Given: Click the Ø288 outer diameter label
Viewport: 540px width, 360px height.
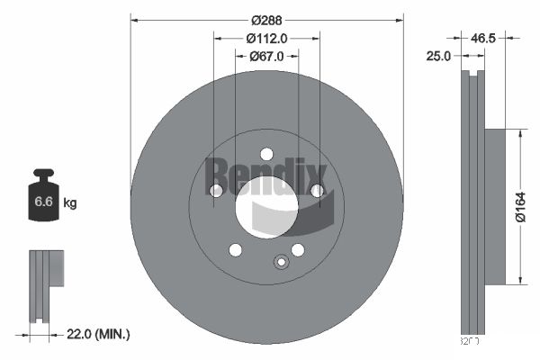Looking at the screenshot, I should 266,19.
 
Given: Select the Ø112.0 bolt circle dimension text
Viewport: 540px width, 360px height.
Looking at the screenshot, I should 266,38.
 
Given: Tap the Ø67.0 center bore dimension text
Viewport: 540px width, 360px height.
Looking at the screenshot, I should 266,56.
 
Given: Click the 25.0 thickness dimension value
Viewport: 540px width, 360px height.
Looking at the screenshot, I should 438,56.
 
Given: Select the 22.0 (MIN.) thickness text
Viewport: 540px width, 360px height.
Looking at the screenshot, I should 100,334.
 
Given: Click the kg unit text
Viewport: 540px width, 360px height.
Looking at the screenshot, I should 70,203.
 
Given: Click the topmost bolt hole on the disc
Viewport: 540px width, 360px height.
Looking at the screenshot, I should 266,153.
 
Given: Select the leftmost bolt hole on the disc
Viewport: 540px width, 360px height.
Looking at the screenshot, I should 216,190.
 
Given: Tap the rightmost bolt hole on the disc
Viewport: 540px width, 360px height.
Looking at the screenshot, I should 317,190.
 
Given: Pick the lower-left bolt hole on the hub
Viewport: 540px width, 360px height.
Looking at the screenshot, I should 235,249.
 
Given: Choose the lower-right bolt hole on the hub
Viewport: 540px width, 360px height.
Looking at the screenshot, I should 298,249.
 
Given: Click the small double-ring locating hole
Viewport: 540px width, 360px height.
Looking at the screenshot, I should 281,263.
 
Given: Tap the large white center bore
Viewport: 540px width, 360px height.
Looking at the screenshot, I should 266,206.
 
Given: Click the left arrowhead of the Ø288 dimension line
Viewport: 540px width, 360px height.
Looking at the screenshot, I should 133,19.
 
